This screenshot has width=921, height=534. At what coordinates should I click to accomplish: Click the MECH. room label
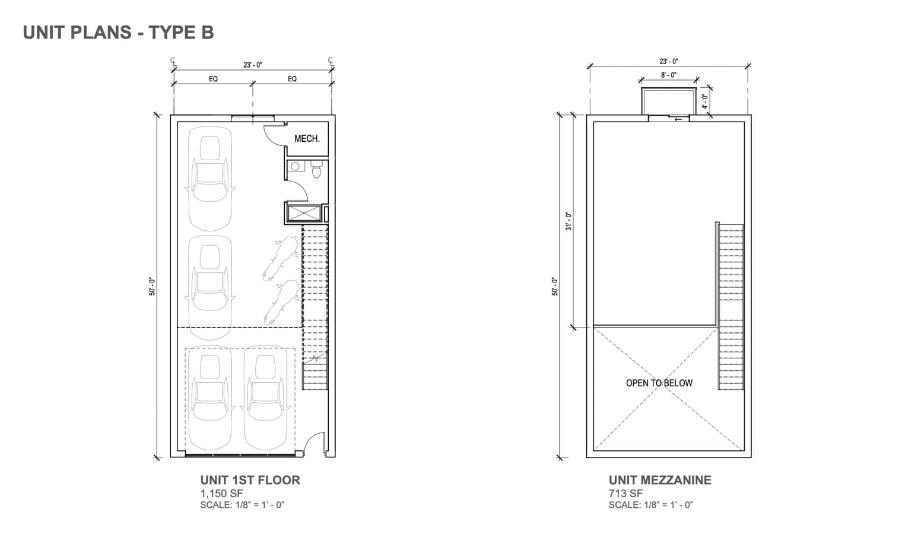click(307, 139)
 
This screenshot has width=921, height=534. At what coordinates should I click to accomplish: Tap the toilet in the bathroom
click(316, 169)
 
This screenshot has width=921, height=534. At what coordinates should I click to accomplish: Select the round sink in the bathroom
click(295, 167)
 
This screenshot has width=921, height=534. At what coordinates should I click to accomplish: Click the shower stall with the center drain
click(304, 214)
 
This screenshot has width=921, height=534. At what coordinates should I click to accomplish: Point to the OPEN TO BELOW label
click(659, 383)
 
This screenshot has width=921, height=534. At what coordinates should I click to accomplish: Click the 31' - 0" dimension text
click(569, 221)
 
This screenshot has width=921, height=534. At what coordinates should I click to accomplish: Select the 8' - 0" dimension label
click(669, 75)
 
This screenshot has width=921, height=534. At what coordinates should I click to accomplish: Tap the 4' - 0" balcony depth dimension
click(705, 101)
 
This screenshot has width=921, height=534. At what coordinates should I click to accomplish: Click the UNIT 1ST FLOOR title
click(250, 480)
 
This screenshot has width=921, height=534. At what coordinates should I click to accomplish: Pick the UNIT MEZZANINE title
click(660, 480)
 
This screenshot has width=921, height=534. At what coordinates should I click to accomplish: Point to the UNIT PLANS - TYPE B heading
click(119, 33)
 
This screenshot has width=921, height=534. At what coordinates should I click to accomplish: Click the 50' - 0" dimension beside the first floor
click(153, 287)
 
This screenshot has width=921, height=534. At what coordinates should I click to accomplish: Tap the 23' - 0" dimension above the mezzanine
click(669, 62)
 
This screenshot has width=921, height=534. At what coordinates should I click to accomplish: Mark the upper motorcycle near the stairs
click(281, 258)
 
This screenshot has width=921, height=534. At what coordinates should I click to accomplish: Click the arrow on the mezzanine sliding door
click(678, 120)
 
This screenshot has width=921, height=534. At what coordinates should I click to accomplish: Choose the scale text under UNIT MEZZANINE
click(650, 505)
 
